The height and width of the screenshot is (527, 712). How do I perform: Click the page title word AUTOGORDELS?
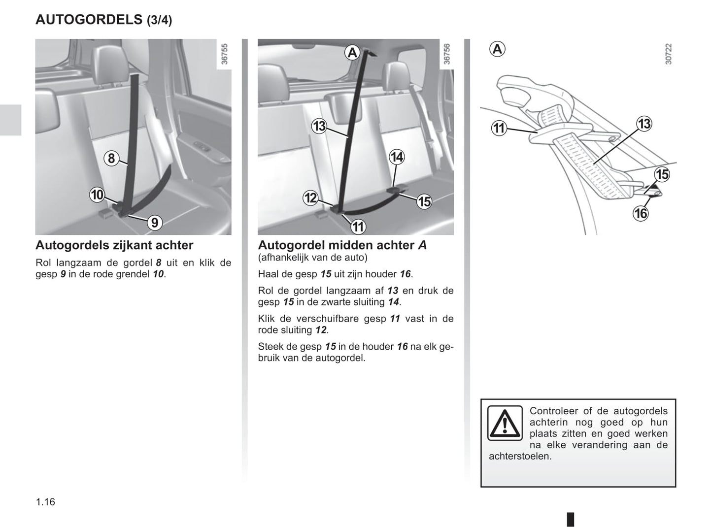tap(89, 20)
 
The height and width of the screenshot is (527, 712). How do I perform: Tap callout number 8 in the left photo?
tap(111, 158)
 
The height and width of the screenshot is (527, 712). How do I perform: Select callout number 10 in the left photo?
tap(97, 195)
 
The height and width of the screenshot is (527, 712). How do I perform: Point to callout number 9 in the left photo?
tap(155, 223)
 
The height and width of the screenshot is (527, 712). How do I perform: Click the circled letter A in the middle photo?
tap(352, 53)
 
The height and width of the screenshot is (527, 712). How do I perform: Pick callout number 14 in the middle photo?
tap(397, 157)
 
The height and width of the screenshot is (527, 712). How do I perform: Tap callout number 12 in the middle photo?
tap(310, 198)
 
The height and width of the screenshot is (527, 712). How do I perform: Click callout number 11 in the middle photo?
tap(358, 227)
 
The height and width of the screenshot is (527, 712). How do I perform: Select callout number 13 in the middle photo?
tap(319, 127)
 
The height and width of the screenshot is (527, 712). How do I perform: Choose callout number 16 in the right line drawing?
tap(641, 213)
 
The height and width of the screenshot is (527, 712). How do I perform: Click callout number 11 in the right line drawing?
tap(499, 129)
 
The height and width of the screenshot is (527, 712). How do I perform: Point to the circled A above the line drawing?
tap(498, 49)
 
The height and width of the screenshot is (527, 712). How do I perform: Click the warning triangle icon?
tap(505, 423)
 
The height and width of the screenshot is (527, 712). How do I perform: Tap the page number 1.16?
tap(45, 502)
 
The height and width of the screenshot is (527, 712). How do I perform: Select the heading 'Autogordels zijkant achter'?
tap(114, 245)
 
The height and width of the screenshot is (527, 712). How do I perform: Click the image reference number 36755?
tap(225, 54)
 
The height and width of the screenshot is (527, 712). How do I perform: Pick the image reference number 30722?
tap(668, 54)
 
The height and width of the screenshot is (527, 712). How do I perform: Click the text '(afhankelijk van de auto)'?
tap(312, 257)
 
